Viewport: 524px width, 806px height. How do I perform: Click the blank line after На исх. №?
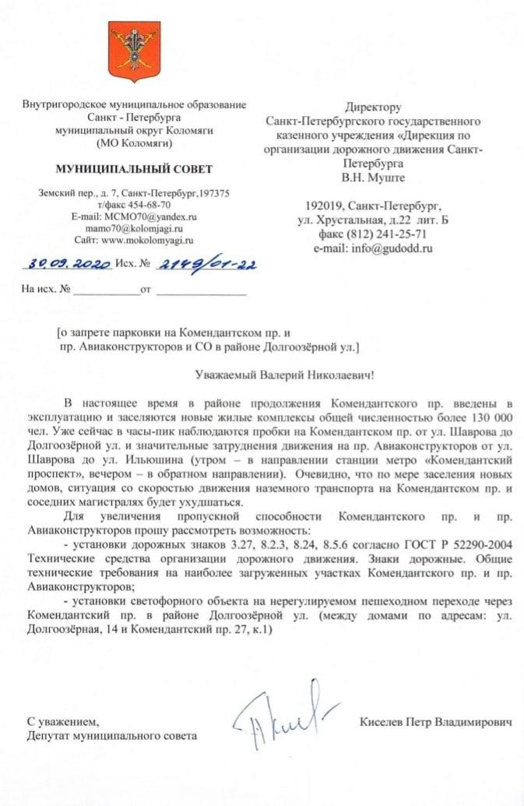coord(105,294)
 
